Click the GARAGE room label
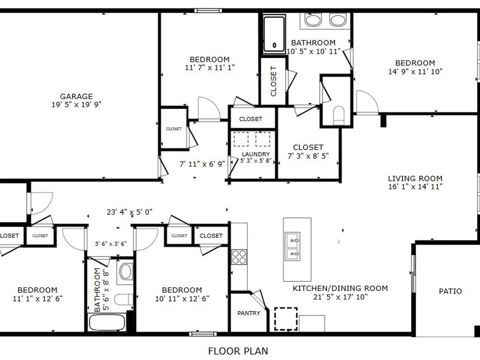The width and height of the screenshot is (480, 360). [76, 96]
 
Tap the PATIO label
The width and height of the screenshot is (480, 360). [450, 291]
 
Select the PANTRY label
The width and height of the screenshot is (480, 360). [249, 313]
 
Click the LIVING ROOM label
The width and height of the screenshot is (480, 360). [415, 179]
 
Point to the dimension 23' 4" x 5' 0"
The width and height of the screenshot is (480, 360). [130, 212]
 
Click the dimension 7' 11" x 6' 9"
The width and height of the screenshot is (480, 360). [202, 164]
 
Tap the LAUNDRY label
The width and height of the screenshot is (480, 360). [256, 154]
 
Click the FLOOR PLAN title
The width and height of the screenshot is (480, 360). [238, 351]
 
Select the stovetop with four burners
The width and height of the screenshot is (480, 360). [239, 257]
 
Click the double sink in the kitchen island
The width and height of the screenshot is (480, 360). [292, 246]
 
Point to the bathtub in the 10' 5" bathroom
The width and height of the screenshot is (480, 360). [274, 34]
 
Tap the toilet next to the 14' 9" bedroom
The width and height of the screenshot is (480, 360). [338, 115]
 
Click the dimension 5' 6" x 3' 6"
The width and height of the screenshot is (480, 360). [110, 244]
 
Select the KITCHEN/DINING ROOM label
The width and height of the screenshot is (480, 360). [340, 288]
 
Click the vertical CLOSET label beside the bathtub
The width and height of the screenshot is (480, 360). [274, 81]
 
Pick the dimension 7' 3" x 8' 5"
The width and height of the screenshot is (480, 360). [308, 156]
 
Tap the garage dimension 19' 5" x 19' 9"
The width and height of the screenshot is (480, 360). [76, 105]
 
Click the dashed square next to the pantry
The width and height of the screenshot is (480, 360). [286, 319]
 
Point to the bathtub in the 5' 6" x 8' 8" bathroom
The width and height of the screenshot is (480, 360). [107, 323]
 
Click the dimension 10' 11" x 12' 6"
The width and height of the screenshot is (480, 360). [182, 299]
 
